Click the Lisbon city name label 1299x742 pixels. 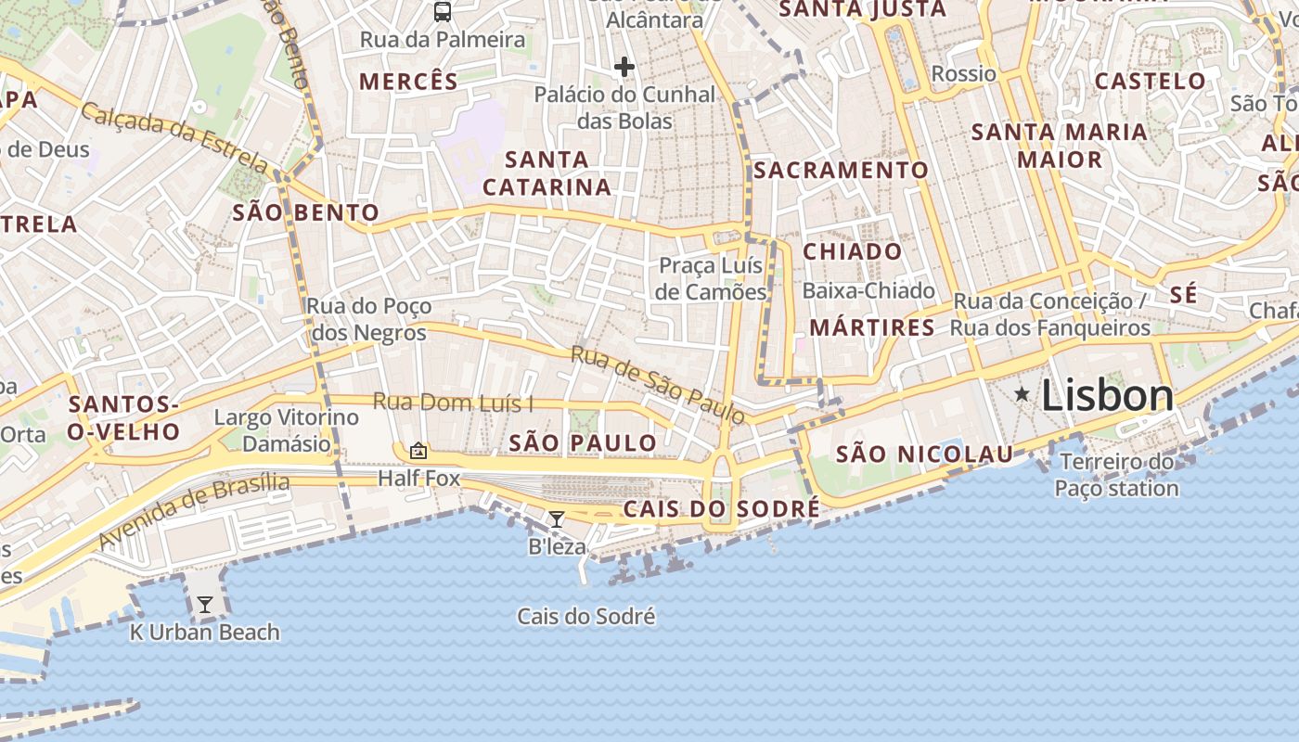tap(1107, 396)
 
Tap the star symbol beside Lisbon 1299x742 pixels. tap(1022, 394)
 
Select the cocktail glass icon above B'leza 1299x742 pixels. tap(556, 519)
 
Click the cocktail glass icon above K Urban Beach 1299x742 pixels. tap(205, 605)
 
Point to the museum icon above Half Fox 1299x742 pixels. tap(418, 452)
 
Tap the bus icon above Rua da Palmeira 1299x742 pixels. tap(443, 12)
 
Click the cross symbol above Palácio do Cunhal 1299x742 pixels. tap(624, 67)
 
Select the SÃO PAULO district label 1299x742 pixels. tap(584, 442)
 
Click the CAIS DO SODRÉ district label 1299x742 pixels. tap(721, 509)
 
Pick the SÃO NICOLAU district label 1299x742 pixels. tap(924, 454)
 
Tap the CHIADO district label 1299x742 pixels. tap(852, 251)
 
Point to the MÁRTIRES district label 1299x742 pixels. tap(872, 327)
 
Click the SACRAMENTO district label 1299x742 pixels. tap(841, 170)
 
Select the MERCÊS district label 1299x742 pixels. tap(409, 81)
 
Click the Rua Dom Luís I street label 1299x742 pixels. tap(453, 403)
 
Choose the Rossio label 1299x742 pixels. tap(963, 73)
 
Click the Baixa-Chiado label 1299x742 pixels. tap(868, 290)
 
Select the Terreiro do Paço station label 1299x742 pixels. tap(1117, 475)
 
